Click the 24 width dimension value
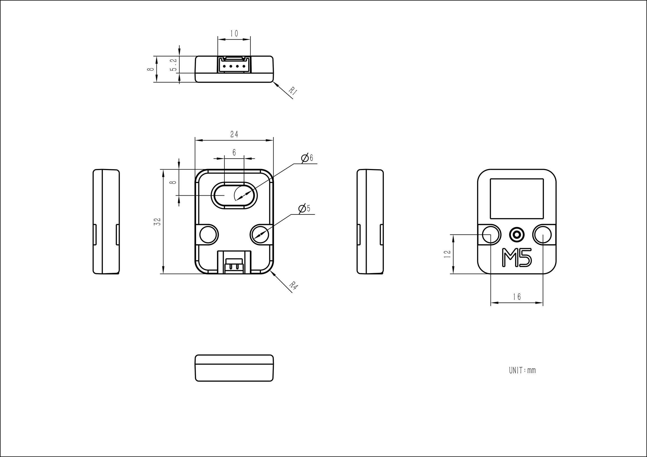(234, 134)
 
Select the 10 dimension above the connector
(234, 33)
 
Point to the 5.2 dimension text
(174, 65)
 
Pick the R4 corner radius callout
(293, 286)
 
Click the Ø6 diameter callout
(307, 158)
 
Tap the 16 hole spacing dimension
(517, 297)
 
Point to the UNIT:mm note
(522, 370)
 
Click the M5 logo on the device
(517, 257)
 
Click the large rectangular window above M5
(517, 198)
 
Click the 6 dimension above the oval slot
(234, 152)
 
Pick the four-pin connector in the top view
(234, 65)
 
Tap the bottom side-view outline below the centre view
(234, 368)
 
